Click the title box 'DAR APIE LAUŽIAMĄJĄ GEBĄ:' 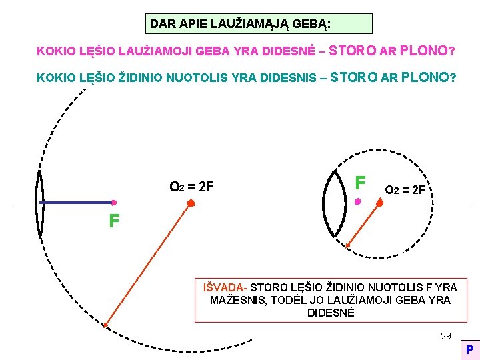tap(259, 24)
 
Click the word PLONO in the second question tap(427, 77)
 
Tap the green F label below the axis tap(115, 221)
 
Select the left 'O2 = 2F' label tap(191, 187)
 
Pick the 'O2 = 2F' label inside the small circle tap(405, 190)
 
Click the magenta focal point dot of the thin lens tap(114, 202)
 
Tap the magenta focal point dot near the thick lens tap(358, 201)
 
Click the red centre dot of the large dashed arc tap(191, 202)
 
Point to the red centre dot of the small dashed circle tap(380, 202)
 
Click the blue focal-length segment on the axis tap(77, 202)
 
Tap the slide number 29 tap(446, 336)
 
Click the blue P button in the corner tap(469, 349)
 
